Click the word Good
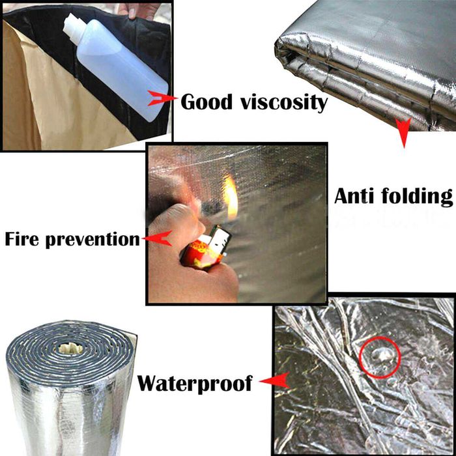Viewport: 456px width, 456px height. click(207, 102)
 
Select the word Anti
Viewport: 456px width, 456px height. click(354, 196)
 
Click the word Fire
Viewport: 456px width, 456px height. click(22, 239)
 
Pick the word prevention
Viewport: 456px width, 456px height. click(93, 240)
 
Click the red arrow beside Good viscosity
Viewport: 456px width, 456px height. click(162, 98)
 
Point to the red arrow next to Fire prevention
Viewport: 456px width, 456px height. click(158, 238)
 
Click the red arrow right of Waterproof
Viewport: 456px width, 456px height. click(275, 380)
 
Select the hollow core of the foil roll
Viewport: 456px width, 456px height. click(70, 348)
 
